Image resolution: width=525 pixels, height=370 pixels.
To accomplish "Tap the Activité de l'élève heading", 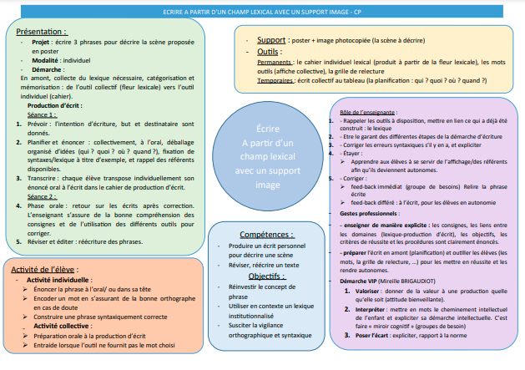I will click(x=51, y=269).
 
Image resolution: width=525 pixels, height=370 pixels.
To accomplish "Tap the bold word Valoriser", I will click(x=374, y=291).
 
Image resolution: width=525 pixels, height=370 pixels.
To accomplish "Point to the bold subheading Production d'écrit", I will click(x=56, y=106).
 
